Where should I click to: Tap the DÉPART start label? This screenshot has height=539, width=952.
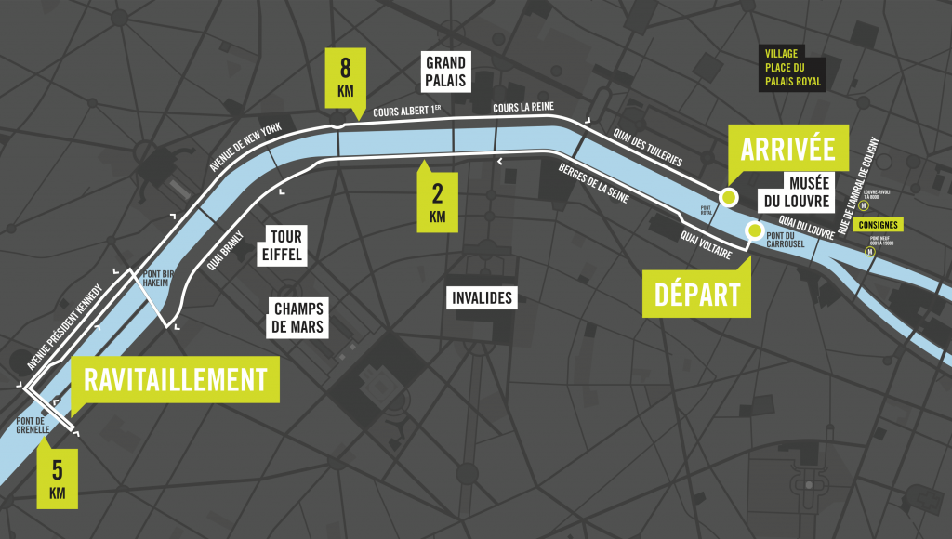(x=697, y=294)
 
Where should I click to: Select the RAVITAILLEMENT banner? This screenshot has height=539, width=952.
(x=175, y=379)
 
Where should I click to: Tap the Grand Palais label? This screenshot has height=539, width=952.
(x=446, y=72)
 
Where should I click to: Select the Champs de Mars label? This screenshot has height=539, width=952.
(x=298, y=318)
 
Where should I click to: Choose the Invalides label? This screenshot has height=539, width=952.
(x=481, y=298)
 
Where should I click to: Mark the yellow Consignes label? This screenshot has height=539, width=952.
(x=879, y=225)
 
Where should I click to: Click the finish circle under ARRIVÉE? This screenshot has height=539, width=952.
(x=729, y=197)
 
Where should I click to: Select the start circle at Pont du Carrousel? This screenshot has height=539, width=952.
(x=755, y=230)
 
